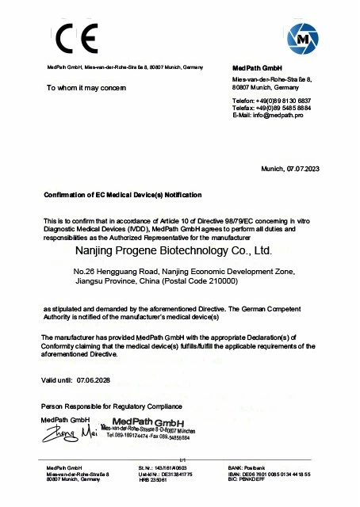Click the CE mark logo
pos(75,39)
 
